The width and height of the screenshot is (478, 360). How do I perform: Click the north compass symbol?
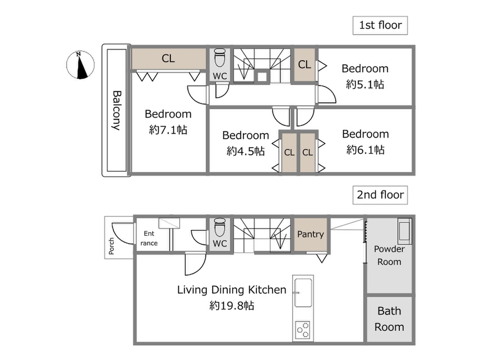point(80,65)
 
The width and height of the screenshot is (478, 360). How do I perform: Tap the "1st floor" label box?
point(380,25)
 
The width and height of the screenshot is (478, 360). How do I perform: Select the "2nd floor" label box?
point(380,195)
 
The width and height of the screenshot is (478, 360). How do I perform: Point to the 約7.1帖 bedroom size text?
point(168,130)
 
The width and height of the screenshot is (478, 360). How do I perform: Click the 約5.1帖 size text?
point(365,84)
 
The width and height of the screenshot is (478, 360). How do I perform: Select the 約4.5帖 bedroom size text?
point(246,151)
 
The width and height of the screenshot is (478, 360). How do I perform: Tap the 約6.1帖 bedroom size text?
point(365,150)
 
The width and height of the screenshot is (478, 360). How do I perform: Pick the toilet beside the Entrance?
point(220,227)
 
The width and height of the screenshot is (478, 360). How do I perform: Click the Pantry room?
point(310,234)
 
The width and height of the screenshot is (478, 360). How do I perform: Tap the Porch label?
point(111,246)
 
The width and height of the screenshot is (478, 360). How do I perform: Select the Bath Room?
point(389,319)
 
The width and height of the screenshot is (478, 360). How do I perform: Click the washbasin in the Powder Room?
point(405,231)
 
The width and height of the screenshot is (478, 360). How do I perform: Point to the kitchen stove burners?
point(303,330)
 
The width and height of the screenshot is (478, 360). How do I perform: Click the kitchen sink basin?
point(303,292)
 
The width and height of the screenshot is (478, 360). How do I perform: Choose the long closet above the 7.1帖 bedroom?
point(169,58)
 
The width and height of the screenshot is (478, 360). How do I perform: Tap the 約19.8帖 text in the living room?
point(232,306)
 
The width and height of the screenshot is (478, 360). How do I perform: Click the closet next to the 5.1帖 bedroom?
point(304,65)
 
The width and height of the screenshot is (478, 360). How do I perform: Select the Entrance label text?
point(149,238)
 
